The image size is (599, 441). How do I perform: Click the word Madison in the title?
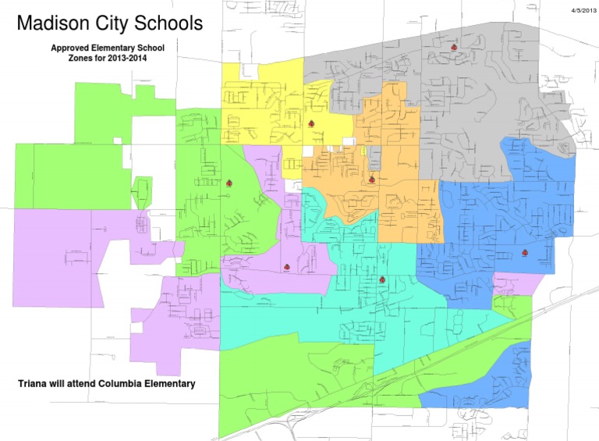click(52, 23)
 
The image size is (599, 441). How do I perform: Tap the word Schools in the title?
click(165, 23)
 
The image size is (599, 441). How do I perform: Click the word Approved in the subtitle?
click(72, 48)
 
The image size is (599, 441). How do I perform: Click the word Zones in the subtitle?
click(83, 58)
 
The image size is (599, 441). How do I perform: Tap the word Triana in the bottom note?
click(34, 384)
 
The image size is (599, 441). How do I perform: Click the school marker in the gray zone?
click(453, 47)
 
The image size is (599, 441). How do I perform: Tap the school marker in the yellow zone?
click(311, 124)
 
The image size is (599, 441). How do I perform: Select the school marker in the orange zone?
click(372, 180)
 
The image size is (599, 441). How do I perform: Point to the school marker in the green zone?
click(229, 183)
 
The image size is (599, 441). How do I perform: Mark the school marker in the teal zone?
click(382, 279)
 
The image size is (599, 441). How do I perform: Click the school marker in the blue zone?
click(524, 252)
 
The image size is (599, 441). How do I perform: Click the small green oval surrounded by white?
click(141, 190)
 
